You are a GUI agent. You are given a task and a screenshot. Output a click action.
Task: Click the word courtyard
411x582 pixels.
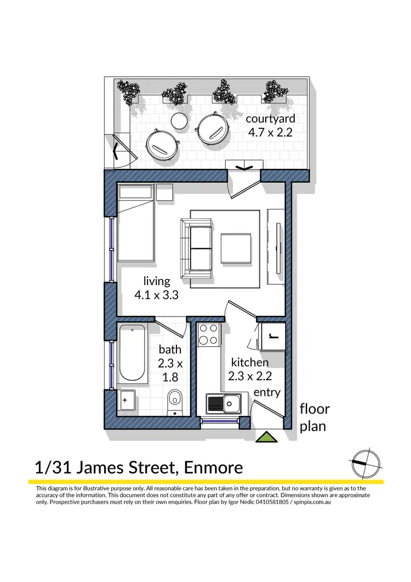click(x=270, y=118)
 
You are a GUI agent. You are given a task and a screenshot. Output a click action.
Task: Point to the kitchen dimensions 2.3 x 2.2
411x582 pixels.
click(x=250, y=376)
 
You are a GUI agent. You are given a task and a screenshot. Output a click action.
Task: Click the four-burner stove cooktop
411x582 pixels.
click(x=208, y=335)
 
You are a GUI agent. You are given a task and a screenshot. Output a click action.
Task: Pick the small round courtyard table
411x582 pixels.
click(x=179, y=121)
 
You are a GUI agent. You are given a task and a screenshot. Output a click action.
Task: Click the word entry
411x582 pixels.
click(x=267, y=392)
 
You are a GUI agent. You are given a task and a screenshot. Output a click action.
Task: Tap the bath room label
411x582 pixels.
click(x=170, y=349)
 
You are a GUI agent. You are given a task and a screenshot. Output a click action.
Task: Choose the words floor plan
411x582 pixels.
click(x=314, y=417)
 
